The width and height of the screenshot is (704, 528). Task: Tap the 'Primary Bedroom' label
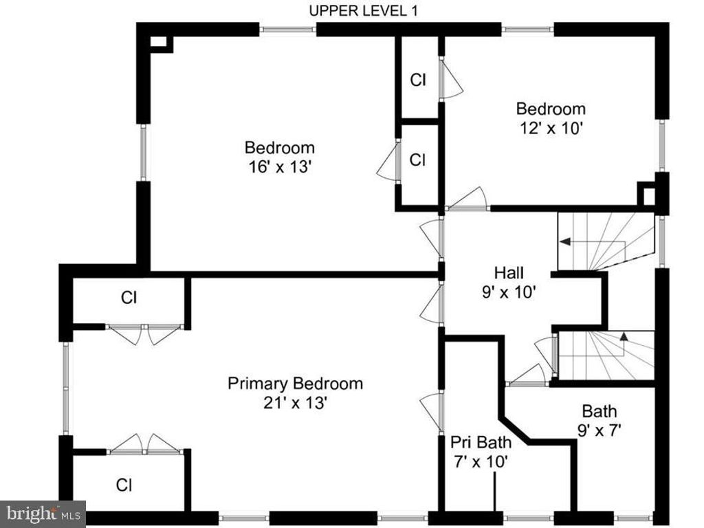point(295,384)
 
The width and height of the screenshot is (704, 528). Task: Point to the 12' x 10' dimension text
point(551,128)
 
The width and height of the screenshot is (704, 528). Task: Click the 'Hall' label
point(508,273)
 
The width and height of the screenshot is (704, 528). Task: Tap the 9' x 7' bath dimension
point(599,430)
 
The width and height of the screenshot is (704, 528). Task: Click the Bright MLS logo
point(43,513)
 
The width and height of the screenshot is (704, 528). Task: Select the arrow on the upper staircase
point(565,242)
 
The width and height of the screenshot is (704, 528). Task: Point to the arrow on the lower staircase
point(624,337)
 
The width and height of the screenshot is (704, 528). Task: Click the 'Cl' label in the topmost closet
point(418,80)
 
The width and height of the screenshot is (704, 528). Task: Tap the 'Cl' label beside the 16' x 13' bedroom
point(418,159)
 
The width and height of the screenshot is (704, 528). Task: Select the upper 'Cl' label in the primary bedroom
point(129,298)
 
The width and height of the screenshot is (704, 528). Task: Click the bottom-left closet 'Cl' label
point(124,485)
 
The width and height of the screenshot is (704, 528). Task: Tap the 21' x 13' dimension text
point(295,404)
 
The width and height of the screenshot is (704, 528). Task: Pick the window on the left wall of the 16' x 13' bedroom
point(143,153)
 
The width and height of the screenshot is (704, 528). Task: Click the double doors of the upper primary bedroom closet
point(145,333)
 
